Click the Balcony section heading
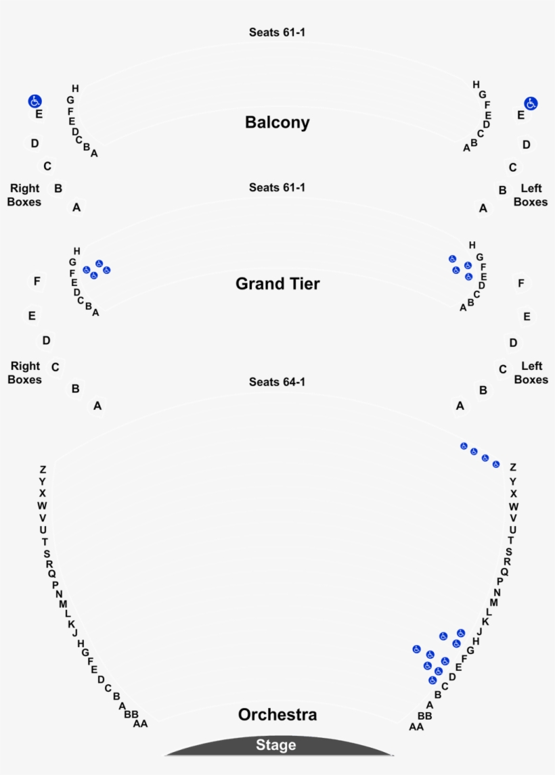point(277,122)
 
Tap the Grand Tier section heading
point(277,283)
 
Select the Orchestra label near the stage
point(277,715)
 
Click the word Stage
point(276,745)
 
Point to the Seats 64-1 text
point(277,382)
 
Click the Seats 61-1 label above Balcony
point(277,32)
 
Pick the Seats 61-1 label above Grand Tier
point(277,187)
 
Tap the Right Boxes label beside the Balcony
point(25,195)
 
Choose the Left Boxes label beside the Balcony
point(531,195)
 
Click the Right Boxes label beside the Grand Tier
point(25,373)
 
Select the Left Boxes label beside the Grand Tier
point(531,373)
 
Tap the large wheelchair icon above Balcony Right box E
point(35,101)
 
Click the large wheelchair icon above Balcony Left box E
point(531,103)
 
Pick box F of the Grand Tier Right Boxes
point(37,281)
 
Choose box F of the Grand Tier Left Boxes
point(521,283)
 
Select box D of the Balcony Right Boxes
point(35,143)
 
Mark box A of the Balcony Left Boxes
point(483,208)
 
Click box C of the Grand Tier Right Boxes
point(56,367)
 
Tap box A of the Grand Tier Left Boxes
point(460,406)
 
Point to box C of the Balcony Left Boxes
point(513,168)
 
